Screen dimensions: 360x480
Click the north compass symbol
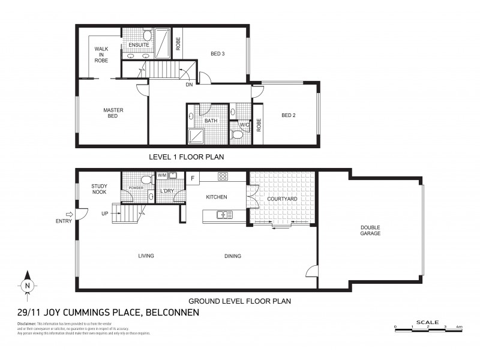(x=27, y=286)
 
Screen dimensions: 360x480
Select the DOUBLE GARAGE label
(x=370, y=230)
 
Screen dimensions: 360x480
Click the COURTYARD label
(x=280, y=199)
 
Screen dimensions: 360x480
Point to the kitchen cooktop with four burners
(x=222, y=176)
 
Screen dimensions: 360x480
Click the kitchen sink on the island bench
(x=225, y=214)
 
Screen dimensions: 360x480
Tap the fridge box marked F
(x=193, y=178)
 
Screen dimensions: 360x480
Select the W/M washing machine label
(x=161, y=175)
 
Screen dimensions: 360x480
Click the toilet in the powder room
(x=145, y=179)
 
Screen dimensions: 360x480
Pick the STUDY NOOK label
(x=99, y=190)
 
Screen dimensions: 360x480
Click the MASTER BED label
(x=113, y=113)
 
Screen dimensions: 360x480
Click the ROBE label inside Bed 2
(x=259, y=125)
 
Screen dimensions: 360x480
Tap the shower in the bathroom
(x=196, y=137)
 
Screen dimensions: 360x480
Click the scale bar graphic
(x=427, y=328)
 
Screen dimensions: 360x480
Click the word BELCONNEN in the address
(x=173, y=313)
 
